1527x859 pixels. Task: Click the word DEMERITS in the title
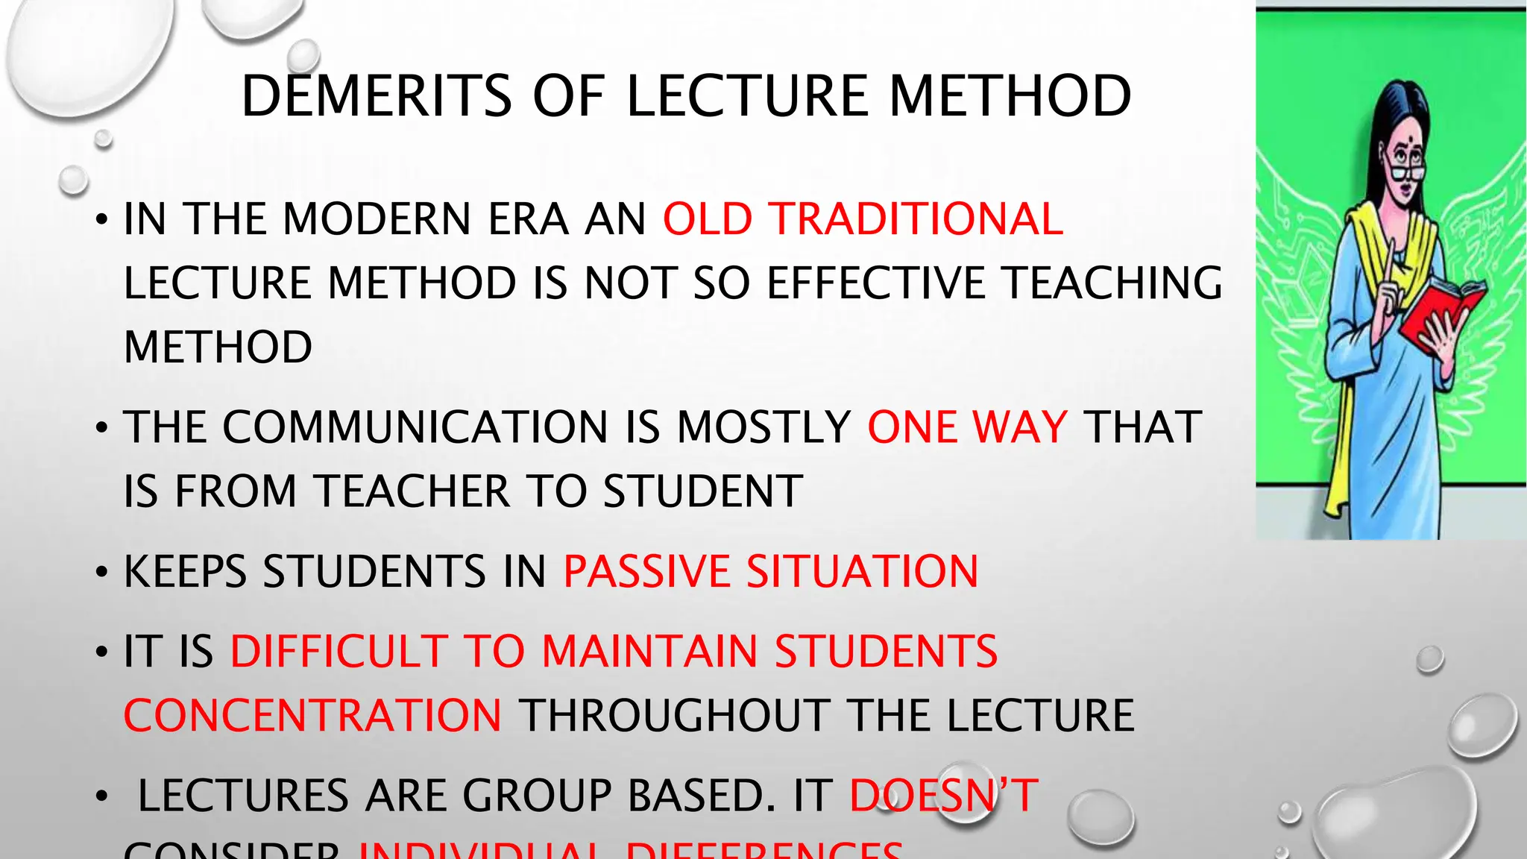377,96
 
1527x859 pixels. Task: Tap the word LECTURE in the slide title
748,96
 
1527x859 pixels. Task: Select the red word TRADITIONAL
916,219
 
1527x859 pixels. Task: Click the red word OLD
708,219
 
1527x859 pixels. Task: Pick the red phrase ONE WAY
968,427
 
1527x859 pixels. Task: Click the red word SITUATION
863,572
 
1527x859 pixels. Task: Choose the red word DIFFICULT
339,651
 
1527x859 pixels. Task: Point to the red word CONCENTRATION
313,716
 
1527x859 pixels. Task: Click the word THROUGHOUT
675,716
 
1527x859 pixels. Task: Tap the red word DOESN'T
944,796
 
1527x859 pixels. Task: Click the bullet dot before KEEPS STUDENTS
102,573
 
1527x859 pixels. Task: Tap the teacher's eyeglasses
1408,172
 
